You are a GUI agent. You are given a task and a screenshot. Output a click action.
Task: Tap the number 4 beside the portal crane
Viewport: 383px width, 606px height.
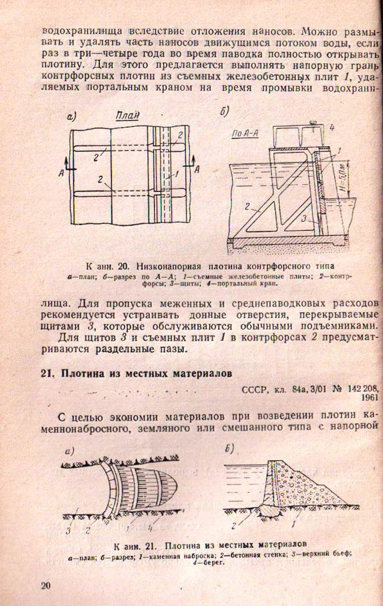tap(333, 128)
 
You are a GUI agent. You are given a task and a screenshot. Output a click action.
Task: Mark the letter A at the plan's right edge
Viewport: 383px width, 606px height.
tap(196, 171)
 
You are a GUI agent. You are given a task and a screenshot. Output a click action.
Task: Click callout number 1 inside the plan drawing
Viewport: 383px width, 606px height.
tap(176, 174)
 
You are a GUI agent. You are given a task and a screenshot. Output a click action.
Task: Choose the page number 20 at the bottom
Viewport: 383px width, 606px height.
tap(47, 585)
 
